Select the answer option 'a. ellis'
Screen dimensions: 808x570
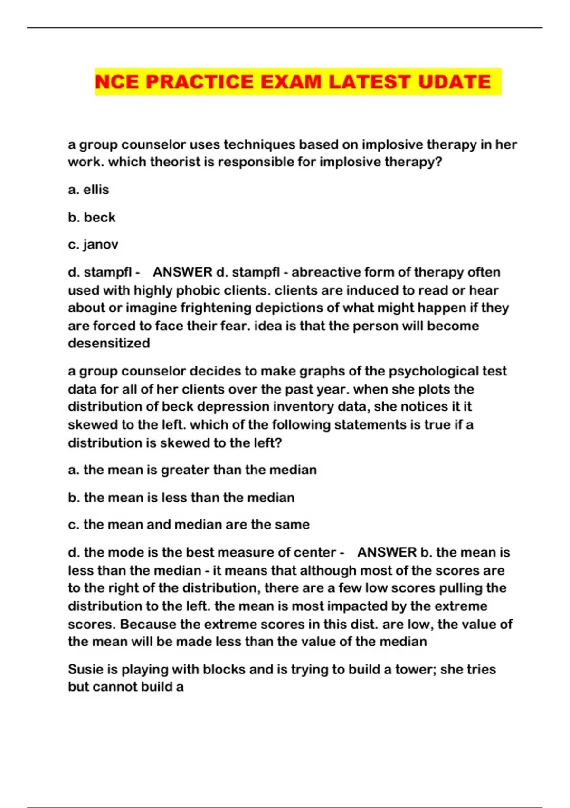coord(89,190)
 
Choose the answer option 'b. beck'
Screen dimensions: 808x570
coord(92,217)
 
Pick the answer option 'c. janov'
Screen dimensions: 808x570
coord(93,245)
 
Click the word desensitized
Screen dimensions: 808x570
coord(109,343)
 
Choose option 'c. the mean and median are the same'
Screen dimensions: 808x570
coord(189,525)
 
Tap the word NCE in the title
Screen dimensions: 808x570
coord(117,82)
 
